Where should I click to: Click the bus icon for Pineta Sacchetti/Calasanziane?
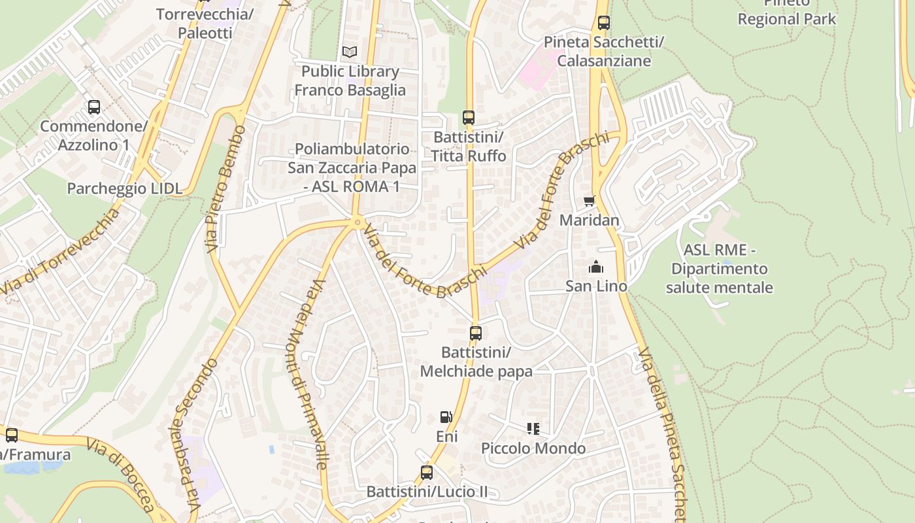(604, 23)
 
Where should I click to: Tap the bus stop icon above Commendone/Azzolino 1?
(94, 107)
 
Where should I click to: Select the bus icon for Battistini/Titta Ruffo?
(468, 118)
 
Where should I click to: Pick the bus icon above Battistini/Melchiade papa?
(476, 333)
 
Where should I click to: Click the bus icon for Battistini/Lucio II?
(427, 472)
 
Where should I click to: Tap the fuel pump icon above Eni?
(446, 417)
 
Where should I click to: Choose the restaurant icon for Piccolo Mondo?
(533, 429)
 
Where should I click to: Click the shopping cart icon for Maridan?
(590, 201)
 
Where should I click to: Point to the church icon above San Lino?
(595, 267)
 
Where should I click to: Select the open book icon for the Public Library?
(350, 52)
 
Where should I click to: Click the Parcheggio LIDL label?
(125, 189)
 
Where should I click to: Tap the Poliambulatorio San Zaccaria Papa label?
(352, 168)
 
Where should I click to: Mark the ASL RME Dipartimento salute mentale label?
(720, 269)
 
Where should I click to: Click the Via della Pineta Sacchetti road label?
(663, 431)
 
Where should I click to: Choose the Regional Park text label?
(786, 19)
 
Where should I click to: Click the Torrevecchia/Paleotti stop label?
(205, 24)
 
